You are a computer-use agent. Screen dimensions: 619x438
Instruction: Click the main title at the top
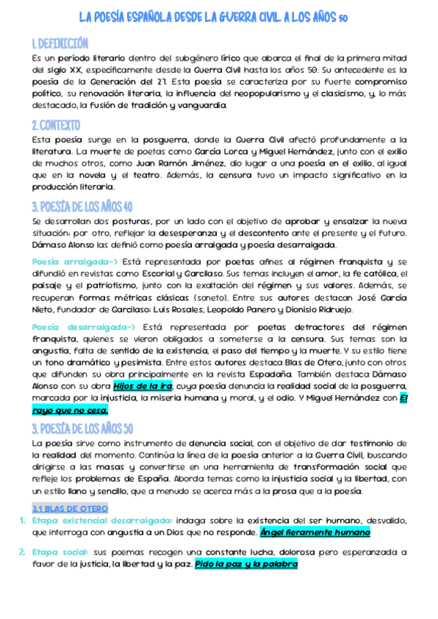click(x=219, y=18)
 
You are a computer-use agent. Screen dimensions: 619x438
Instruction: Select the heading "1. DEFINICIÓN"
click(x=60, y=43)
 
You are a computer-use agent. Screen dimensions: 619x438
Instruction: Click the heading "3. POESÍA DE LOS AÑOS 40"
click(x=82, y=207)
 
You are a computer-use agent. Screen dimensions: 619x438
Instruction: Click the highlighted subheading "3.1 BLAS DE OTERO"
click(x=70, y=508)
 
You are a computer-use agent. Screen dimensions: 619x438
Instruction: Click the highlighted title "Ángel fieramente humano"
click(x=315, y=533)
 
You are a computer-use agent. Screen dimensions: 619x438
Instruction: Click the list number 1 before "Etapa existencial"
click(x=22, y=520)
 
